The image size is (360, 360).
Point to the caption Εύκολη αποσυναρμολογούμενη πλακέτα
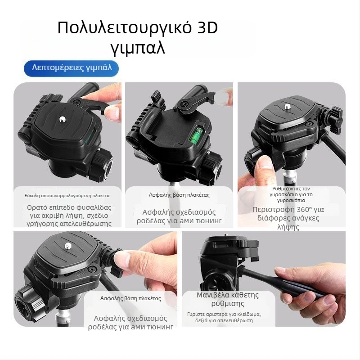67,196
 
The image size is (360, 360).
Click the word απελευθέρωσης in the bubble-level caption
86,224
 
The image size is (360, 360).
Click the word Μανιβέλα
213,295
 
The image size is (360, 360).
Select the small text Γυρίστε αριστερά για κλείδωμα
224,314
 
